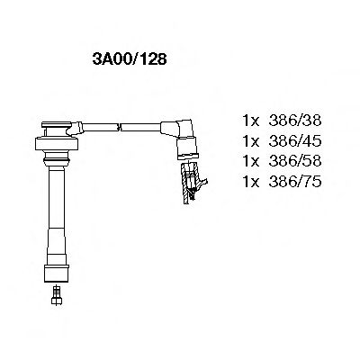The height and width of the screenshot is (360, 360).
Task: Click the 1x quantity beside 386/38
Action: (254, 120)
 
